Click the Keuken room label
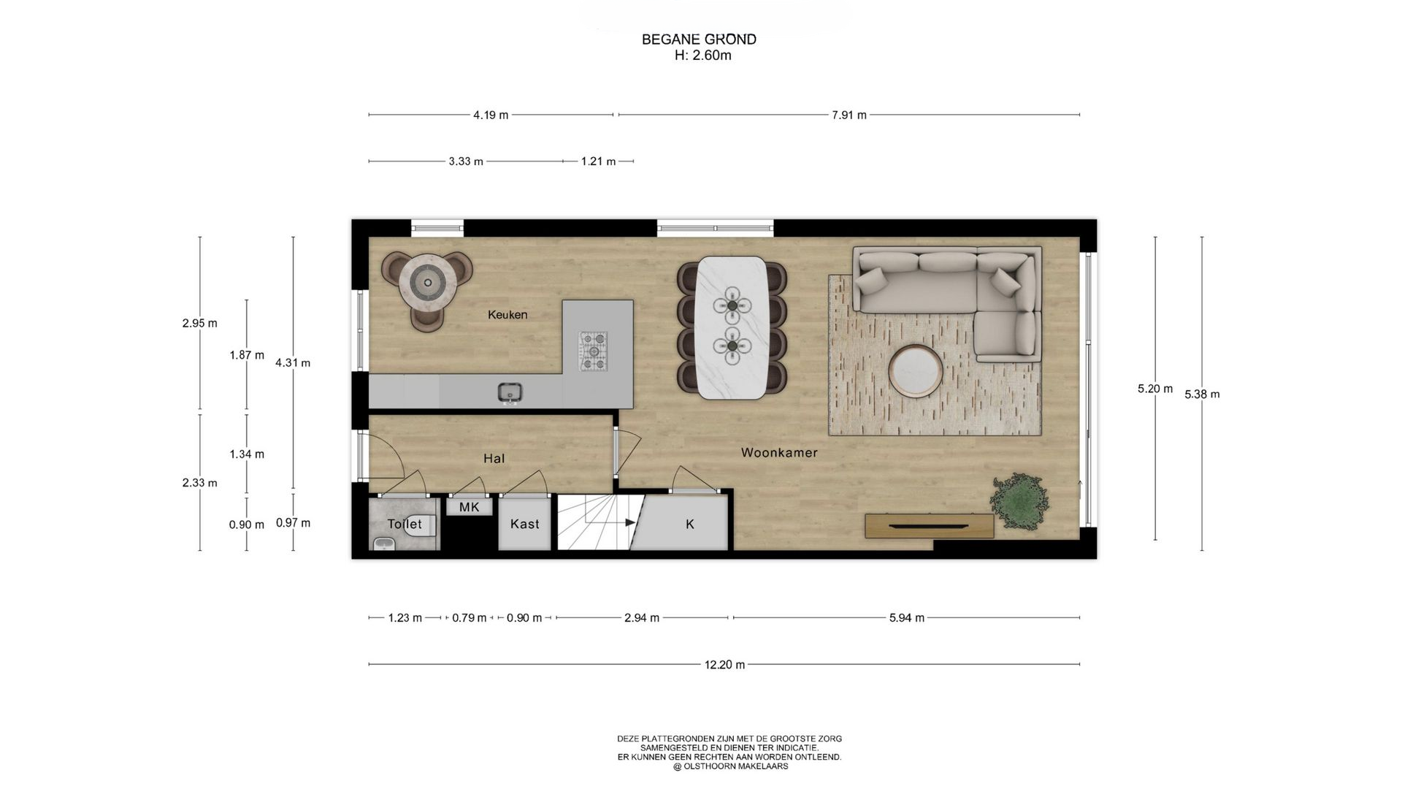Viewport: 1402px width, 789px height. [x=507, y=315]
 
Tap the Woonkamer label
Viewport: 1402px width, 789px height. [x=779, y=453]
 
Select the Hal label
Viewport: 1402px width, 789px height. [x=494, y=459]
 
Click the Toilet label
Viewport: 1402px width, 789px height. [x=405, y=524]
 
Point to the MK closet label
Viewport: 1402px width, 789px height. [x=469, y=506]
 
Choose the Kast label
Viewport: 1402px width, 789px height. [x=524, y=524]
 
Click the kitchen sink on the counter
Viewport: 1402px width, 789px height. [x=510, y=392]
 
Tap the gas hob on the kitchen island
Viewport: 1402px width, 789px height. [x=593, y=351]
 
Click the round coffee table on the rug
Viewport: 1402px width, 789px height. [x=916, y=371]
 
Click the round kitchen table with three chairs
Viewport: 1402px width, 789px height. [x=427, y=281]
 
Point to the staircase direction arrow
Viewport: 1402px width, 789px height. [x=610, y=523]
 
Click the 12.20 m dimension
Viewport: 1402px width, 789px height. [x=724, y=665]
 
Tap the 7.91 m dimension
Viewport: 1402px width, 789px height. [x=849, y=115]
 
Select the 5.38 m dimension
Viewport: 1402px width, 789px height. [x=1202, y=394]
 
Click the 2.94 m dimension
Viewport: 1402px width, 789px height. [x=642, y=618]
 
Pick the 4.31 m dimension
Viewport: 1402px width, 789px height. [x=293, y=362]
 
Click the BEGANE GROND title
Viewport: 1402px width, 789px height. [x=699, y=39]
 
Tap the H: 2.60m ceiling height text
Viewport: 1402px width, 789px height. [x=702, y=56]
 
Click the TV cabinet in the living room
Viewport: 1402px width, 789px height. [x=929, y=526]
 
